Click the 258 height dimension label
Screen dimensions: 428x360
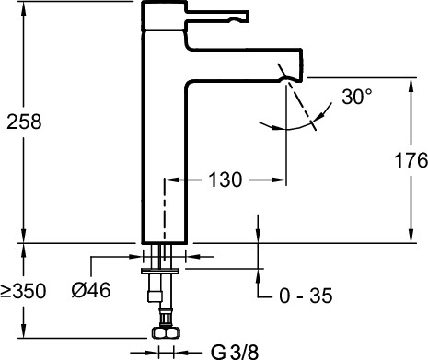point(24,122)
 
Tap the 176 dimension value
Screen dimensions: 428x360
point(411,160)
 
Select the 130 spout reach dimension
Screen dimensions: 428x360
point(226,180)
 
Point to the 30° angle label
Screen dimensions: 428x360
point(357,97)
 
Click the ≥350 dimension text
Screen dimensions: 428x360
point(23,291)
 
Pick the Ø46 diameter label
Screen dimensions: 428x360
point(91,290)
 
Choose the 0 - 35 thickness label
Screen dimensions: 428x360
point(306,296)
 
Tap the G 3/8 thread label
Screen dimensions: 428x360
point(235,353)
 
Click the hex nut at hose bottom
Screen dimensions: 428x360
point(166,332)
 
